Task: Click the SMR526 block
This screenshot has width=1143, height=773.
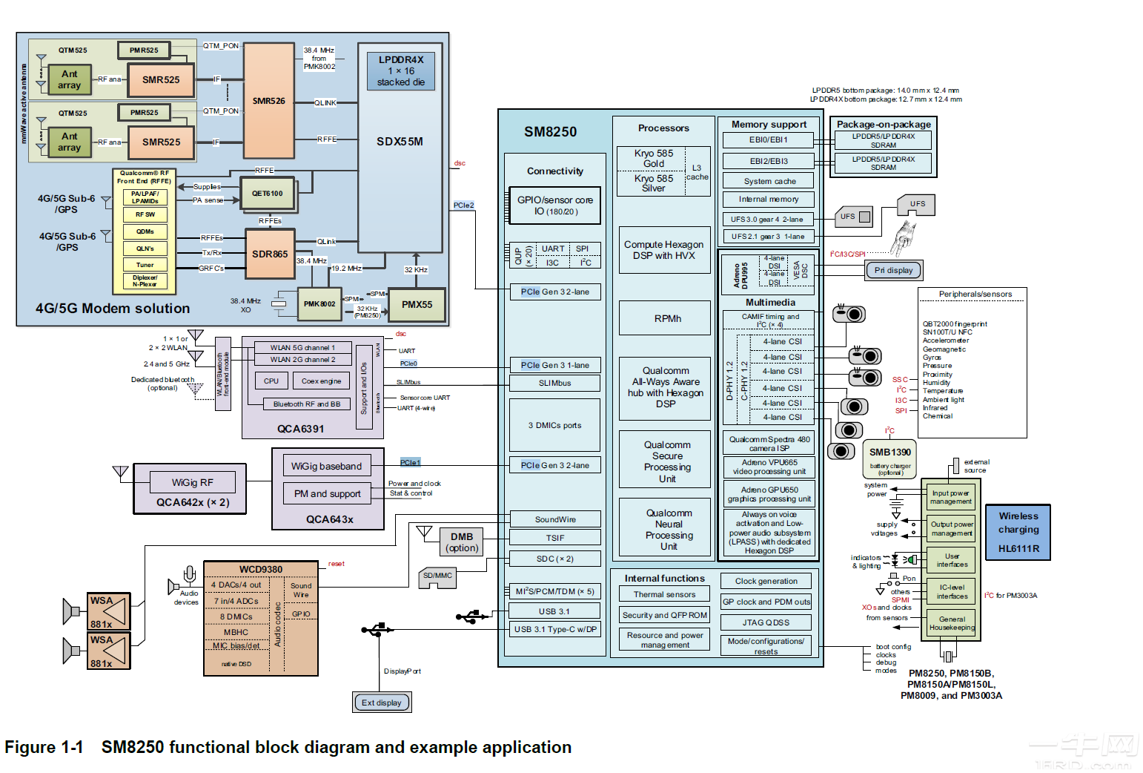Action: point(268,101)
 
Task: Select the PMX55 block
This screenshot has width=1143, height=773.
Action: point(417,305)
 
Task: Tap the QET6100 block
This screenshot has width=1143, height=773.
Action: point(267,194)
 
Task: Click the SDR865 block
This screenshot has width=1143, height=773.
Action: point(270,254)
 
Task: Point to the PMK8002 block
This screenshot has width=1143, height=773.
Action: point(319,304)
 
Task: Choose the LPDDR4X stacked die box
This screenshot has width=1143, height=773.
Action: point(400,71)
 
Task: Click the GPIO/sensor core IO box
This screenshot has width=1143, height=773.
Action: point(554,205)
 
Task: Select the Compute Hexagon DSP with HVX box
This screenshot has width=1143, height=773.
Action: point(663,250)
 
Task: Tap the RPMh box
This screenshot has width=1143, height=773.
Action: point(667,318)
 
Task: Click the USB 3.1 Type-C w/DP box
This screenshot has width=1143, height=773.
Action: point(554,629)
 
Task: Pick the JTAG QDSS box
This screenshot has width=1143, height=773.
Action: point(766,622)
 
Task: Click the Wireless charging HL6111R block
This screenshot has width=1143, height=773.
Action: point(1018,532)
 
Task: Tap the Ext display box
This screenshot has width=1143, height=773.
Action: point(381,703)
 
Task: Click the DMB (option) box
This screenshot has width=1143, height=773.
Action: point(461,542)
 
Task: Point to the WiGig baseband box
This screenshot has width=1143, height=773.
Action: point(326,466)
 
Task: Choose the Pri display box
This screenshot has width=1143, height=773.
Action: point(893,270)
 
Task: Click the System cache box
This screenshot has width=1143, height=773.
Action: point(769,181)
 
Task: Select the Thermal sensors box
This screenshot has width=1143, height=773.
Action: point(664,594)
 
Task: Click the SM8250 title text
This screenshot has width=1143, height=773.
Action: point(550,132)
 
